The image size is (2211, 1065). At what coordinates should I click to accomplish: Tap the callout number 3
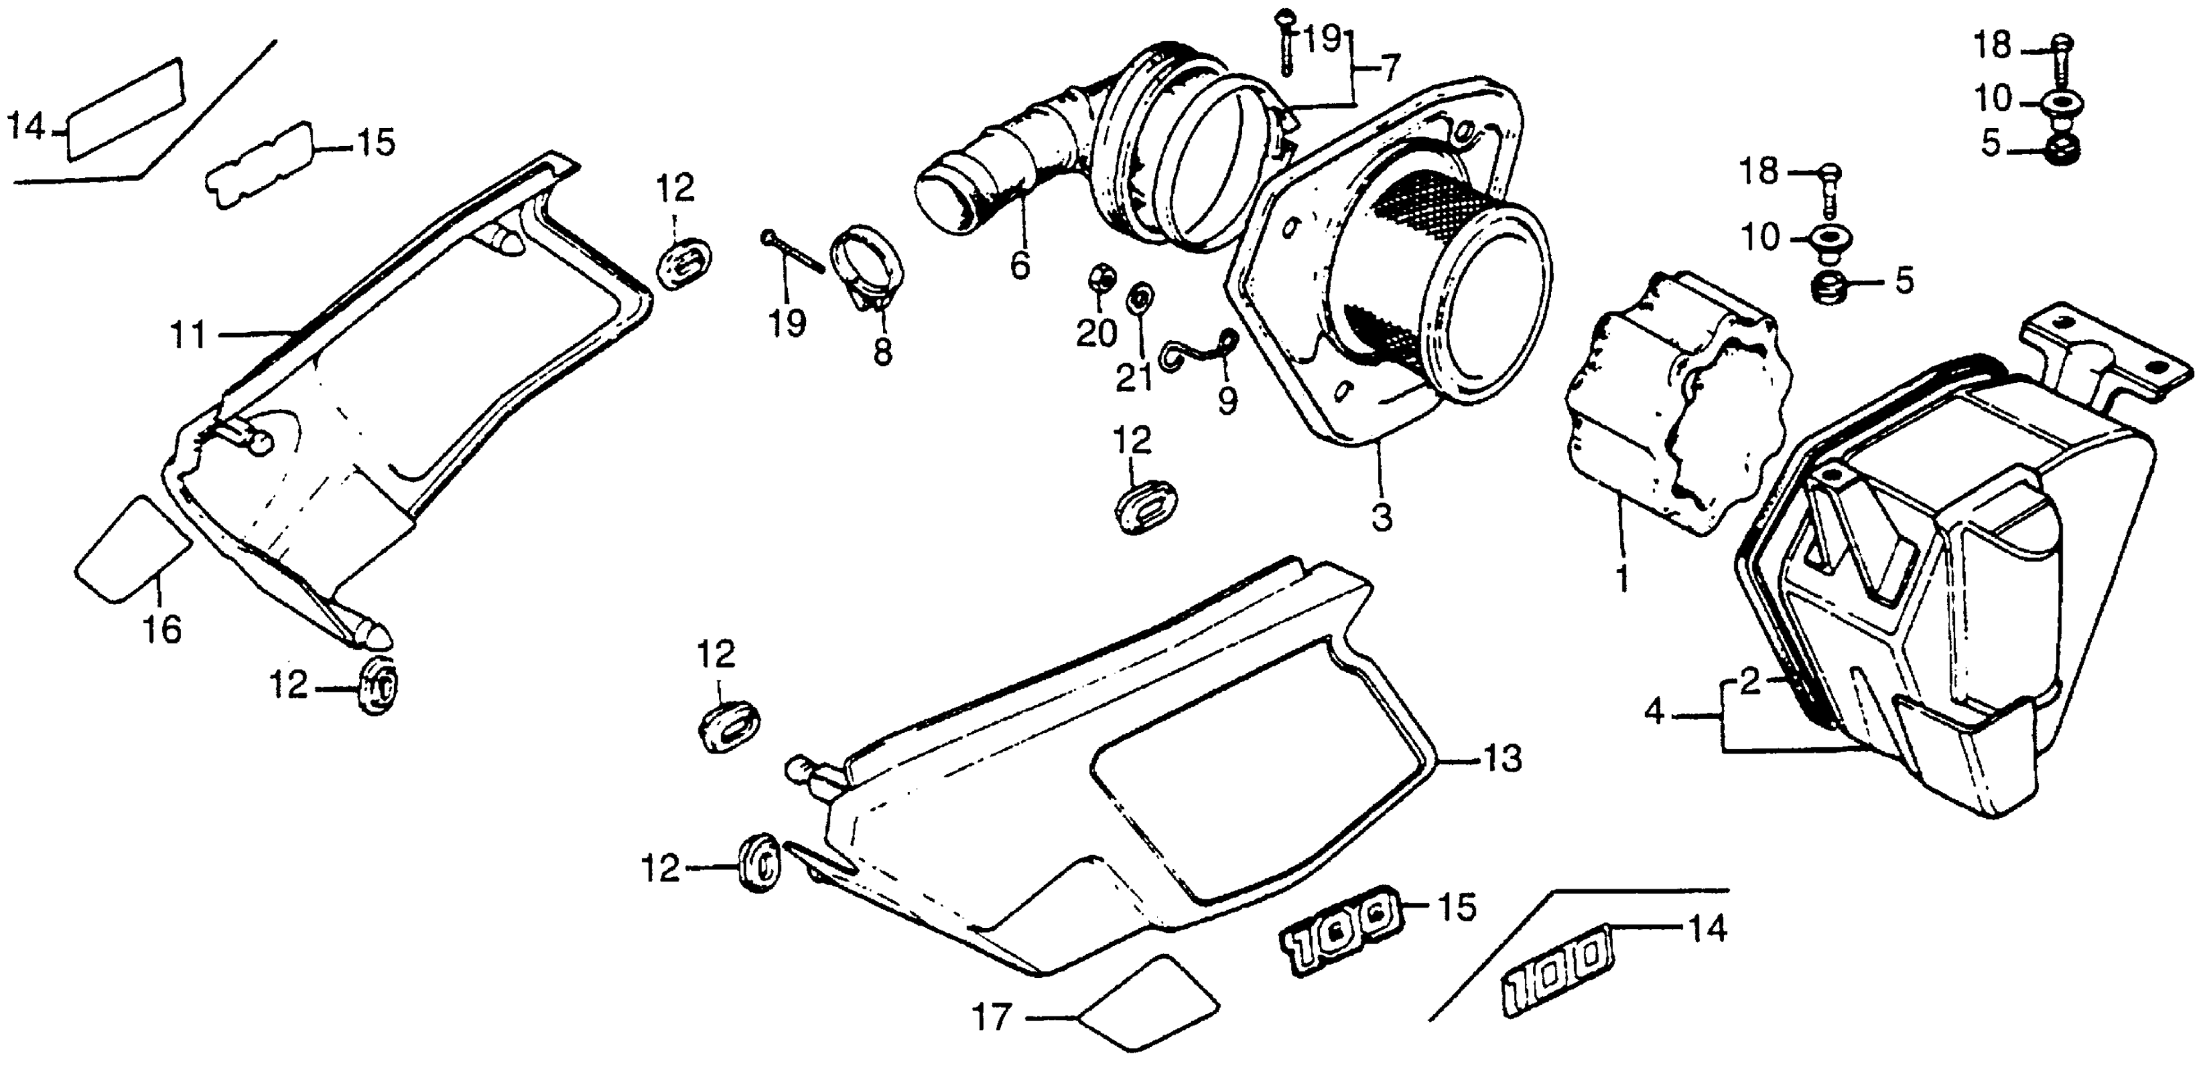pyautogui.click(x=1381, y=518)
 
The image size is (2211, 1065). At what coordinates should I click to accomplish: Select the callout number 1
pyautogui.click(x=1621, y=579)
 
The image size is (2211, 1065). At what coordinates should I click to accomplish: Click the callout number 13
pyautogui.click(x=1500, y=759)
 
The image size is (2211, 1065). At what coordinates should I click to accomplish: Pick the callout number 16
pyautogui.click(x=162, y=631)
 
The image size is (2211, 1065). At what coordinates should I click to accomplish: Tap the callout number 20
pyautogui.click(x=1096, y=333)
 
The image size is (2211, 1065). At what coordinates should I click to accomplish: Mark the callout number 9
pyautogui.click(x=1227, y=400)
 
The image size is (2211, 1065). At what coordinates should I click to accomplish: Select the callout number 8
pyautogui.click(x=883, y=352)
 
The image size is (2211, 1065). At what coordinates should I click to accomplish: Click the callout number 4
pyautogui.click(x=1654, y=712)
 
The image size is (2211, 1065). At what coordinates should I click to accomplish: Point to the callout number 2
pyautogui.click(x=1750, y=682)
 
